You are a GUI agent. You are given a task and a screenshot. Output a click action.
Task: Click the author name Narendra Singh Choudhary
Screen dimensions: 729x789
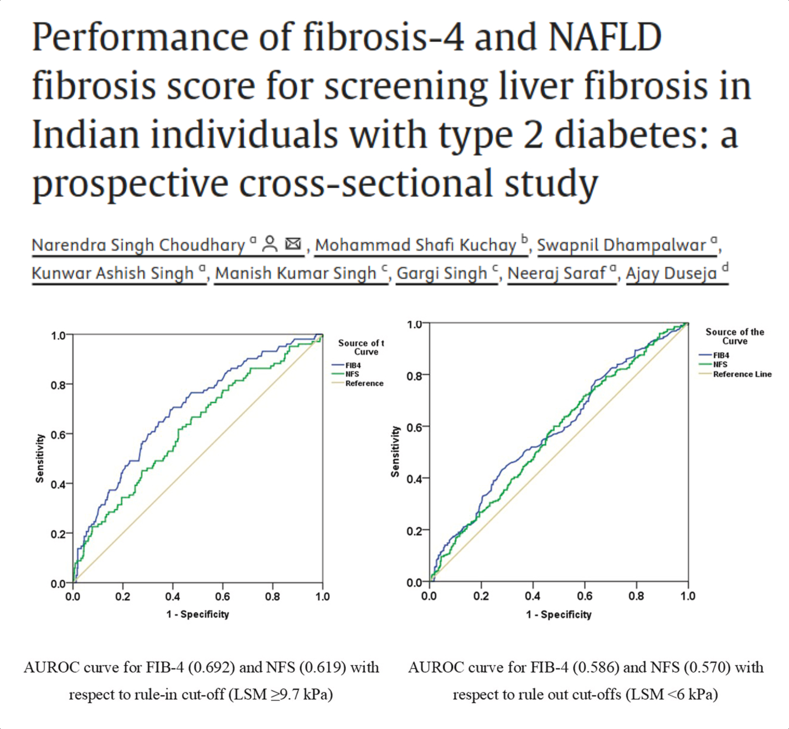(x=138, y=245)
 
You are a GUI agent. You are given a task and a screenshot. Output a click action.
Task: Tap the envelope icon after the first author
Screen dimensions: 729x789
(x=293, y=244)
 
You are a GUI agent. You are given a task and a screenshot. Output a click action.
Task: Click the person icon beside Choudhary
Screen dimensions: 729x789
(x=270, y=244)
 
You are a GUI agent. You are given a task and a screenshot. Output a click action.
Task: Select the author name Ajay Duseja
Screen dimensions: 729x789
(x=671, y=273)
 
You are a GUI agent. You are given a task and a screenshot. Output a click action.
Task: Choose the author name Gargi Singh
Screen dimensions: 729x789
(x=442, y=273)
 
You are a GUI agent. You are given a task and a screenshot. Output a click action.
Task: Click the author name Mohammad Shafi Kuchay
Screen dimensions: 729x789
(x=415, y=245)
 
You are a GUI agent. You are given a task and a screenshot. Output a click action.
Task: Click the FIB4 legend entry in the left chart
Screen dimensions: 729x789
(x=353, y=365)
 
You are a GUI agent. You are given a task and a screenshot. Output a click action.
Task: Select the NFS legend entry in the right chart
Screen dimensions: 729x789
(x=720, y=364)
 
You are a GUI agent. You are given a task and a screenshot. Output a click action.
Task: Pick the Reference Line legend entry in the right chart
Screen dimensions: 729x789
(x=742, y=374)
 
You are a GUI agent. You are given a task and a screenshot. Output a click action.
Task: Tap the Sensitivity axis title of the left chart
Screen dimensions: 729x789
(x=40, y=458)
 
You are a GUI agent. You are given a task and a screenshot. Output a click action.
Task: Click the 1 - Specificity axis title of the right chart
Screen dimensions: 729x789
(x=559, y=614)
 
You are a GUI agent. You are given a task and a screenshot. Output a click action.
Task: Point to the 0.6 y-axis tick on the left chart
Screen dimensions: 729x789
(x=58, y=435)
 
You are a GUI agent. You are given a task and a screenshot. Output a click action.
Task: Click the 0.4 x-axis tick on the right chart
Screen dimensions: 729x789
(x=533, y=596)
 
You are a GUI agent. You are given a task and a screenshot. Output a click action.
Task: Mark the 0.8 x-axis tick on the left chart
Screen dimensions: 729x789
(x=272, y=597)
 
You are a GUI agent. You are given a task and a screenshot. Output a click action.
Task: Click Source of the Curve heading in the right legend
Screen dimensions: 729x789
(x=734, y=337)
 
